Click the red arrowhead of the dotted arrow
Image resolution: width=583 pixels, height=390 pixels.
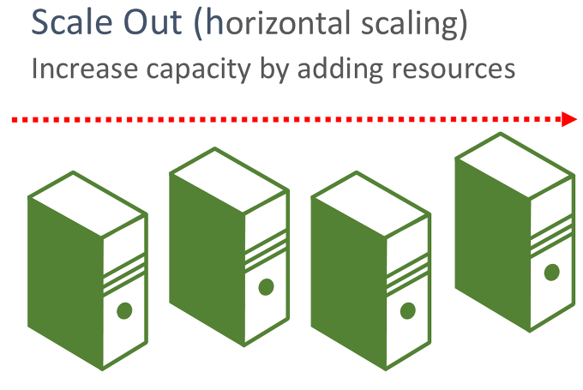[x=569, y=119]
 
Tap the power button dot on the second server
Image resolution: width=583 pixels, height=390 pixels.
[x=266, y=286]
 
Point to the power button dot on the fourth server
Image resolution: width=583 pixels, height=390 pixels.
[x=551, y=272]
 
